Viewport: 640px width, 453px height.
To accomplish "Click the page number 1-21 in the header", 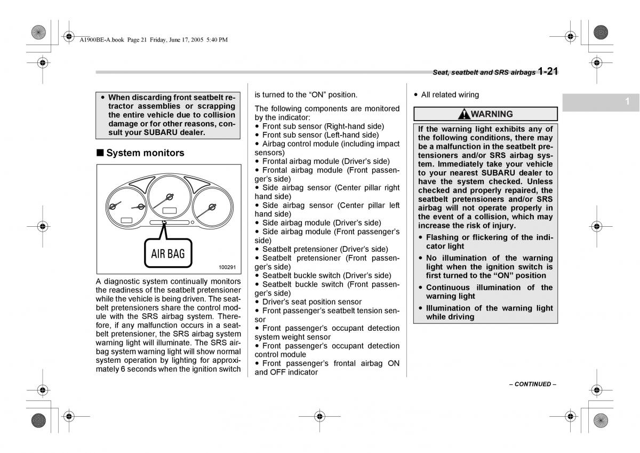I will (x=548, y=71).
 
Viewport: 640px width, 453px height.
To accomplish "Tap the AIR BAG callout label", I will (x=167, y=254).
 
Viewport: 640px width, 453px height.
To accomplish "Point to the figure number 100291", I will (x=227, y=267).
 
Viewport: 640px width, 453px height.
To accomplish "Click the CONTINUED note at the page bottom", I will (x=532, y=384).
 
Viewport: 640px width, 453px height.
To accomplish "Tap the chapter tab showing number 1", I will (x=628, y=101).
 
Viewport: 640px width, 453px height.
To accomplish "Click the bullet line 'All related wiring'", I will (x=450, y=95).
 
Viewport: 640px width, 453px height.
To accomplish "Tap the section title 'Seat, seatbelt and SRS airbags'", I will (x=484, y=73).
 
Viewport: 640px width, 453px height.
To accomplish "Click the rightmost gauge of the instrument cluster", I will (x=212, y=206).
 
